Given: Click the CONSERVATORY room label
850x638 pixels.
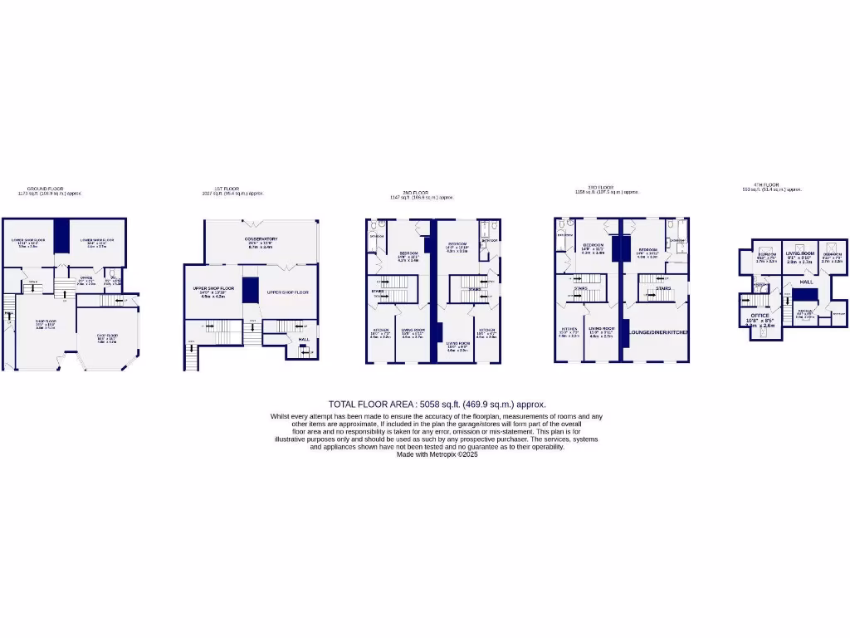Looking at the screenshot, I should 260,239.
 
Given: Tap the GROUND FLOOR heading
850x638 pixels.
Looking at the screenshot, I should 46,189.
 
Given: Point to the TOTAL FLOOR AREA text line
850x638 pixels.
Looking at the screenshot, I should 437,405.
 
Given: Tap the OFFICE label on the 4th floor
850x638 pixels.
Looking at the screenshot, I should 760,316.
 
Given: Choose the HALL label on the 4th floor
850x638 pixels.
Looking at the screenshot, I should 806,282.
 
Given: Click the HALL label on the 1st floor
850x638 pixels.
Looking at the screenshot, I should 304,339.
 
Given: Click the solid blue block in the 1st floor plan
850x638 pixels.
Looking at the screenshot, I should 250,289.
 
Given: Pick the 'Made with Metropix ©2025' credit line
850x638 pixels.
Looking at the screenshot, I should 437,454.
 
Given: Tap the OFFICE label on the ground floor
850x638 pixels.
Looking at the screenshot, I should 85,278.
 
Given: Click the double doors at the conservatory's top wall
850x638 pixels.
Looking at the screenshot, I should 261,221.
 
